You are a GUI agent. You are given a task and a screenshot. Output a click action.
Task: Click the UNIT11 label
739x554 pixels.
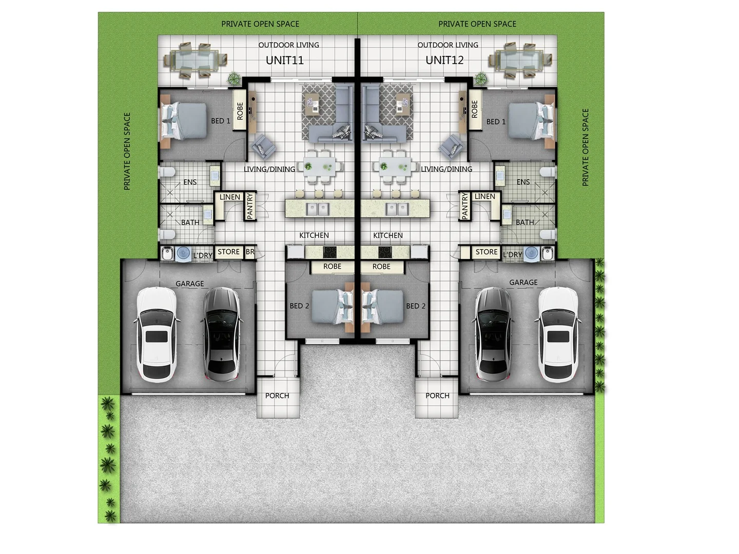pos(285,61)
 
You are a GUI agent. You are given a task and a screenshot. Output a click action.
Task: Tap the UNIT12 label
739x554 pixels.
pos(444,61)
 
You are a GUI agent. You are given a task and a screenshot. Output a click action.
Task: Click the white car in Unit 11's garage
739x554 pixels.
pos(156,334)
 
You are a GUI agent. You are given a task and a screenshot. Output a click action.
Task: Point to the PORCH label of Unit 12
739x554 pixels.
pos(437,395)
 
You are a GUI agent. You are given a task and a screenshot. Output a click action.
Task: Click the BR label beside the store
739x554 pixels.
pos(250,252)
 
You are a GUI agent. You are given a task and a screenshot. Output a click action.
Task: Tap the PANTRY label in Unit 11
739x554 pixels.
pos(250,206)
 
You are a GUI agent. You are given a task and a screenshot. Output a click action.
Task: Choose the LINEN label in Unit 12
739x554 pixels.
pos(484,196)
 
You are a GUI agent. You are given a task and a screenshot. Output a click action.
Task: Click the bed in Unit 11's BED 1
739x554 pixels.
pos(184,121)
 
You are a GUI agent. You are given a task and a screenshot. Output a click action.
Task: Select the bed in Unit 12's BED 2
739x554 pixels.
pos(383,307)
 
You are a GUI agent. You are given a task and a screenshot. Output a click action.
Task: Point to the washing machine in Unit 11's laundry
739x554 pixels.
pos(183,253)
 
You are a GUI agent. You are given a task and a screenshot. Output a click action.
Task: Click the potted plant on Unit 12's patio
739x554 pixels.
pos(481,78)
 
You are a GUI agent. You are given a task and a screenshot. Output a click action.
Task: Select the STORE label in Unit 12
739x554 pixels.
pos(486,252)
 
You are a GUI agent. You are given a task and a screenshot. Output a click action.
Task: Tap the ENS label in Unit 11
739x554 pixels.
pos(190,182)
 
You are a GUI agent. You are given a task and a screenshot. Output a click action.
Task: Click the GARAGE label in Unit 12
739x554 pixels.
pos(523,283)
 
